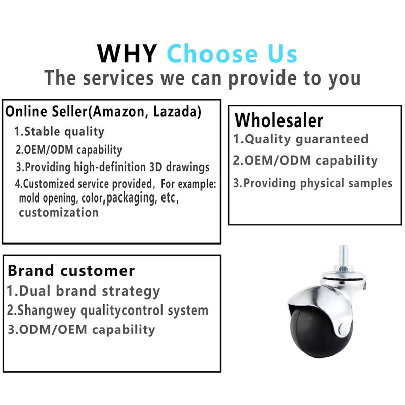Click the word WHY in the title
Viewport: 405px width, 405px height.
127,54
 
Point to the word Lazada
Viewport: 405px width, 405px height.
175,111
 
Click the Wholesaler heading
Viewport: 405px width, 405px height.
279,120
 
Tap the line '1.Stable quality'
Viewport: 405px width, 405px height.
59,132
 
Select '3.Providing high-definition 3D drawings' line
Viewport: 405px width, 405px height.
112,167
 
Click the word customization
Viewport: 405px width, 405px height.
59,213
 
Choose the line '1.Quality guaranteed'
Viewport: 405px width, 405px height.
301,139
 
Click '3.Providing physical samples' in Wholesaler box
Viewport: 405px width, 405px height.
313,183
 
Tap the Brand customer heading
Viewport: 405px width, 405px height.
71,271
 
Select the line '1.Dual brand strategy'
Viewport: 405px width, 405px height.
83,291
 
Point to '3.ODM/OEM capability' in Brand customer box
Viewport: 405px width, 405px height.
82,330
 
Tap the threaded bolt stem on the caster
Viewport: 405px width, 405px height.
343,257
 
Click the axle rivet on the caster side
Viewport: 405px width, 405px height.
344,328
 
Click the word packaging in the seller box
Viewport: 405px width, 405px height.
132,198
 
